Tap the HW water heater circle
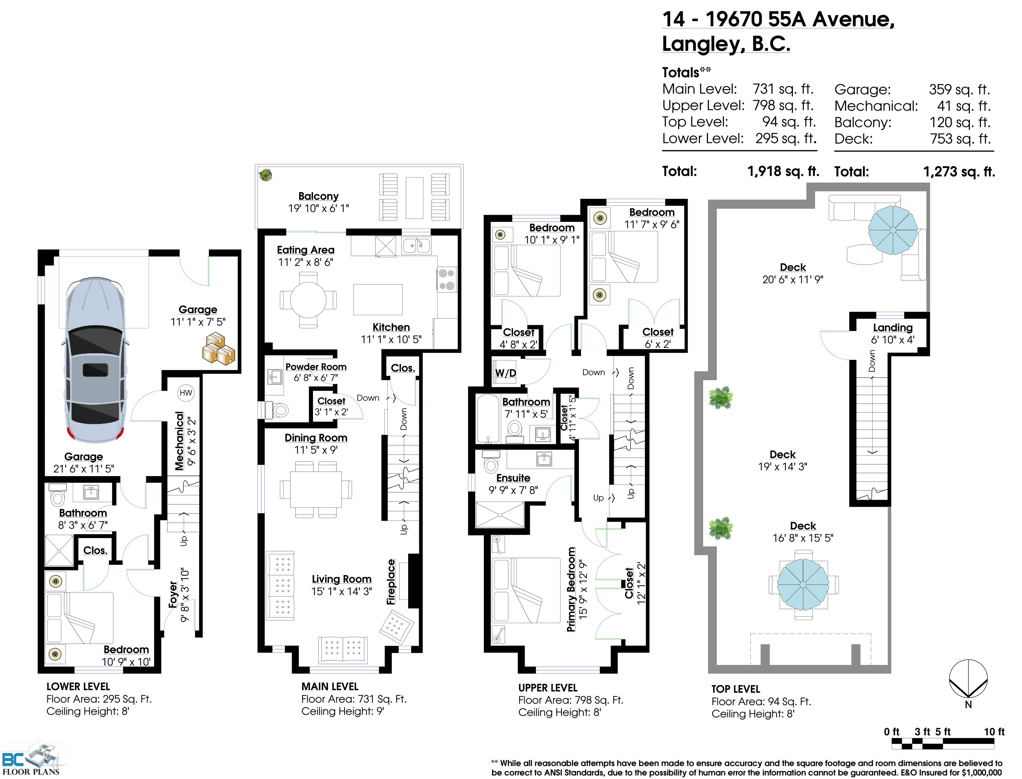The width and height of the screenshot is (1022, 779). pyautogui.click(x=186, y=393)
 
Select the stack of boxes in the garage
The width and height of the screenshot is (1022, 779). pyautogui.click(x=219, y=348)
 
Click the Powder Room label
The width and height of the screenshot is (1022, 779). pyautogui.click(x=316, y=367)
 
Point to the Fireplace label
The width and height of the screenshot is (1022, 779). pyautogui.click(x=391, y=582)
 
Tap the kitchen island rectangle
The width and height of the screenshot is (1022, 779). pyautogui.click(x=378, y=300)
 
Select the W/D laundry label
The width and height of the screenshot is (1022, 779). pyautogui.click(x=506, y=373)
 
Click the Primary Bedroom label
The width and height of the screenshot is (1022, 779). pyautogui.click(x=571, y=589)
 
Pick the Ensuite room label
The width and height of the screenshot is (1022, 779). pyautogui.click(x=513, y=478)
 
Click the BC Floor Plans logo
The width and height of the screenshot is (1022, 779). pyautogui.click(x=31, y=759)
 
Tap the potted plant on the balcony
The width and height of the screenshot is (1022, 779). pyautogui.click(x=265, y=175)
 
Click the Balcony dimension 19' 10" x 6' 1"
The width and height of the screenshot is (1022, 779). pyautogui.click(x=318, y=209)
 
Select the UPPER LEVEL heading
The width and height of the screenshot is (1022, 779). pyautogui.click(x=548, y=688)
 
